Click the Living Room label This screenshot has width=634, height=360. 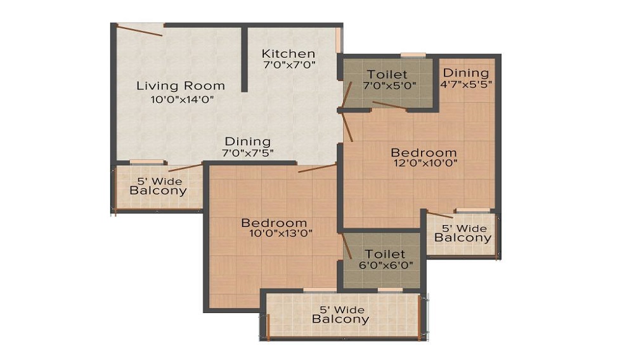pos(181,86)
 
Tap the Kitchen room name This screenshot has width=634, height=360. pos(288,53)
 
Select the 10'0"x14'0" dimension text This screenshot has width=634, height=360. pos(182,99)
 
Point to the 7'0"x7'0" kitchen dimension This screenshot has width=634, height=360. pos(289,65)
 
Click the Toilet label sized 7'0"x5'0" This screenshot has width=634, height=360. pos(387,74)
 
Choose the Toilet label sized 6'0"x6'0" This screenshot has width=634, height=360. pos(385,254)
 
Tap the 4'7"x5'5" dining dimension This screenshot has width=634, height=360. pos(467,84)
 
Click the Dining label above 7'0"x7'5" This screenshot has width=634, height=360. pos(247,142)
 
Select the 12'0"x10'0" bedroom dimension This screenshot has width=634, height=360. pos(424,163)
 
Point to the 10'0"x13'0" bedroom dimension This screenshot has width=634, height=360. pos(281,233)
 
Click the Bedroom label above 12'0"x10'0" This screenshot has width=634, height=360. pos(424,152)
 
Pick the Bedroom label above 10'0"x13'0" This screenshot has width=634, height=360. pos(274,222)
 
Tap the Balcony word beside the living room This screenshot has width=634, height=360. pos(158,190)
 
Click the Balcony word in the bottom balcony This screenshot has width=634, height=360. pos(340,319)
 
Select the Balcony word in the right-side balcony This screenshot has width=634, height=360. pos(463,238)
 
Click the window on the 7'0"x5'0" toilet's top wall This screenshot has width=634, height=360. pos(413,55)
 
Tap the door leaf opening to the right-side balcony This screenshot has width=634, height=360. pos(439,214)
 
